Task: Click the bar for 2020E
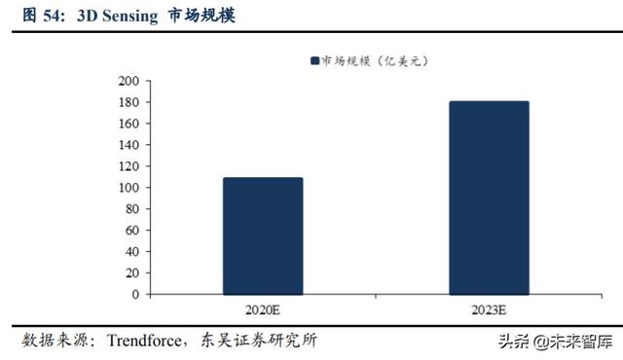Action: pos(262,235)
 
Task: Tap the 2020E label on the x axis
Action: pos(262,309)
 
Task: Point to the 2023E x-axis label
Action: pos(489,309)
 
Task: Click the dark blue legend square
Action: pos(314,60)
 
